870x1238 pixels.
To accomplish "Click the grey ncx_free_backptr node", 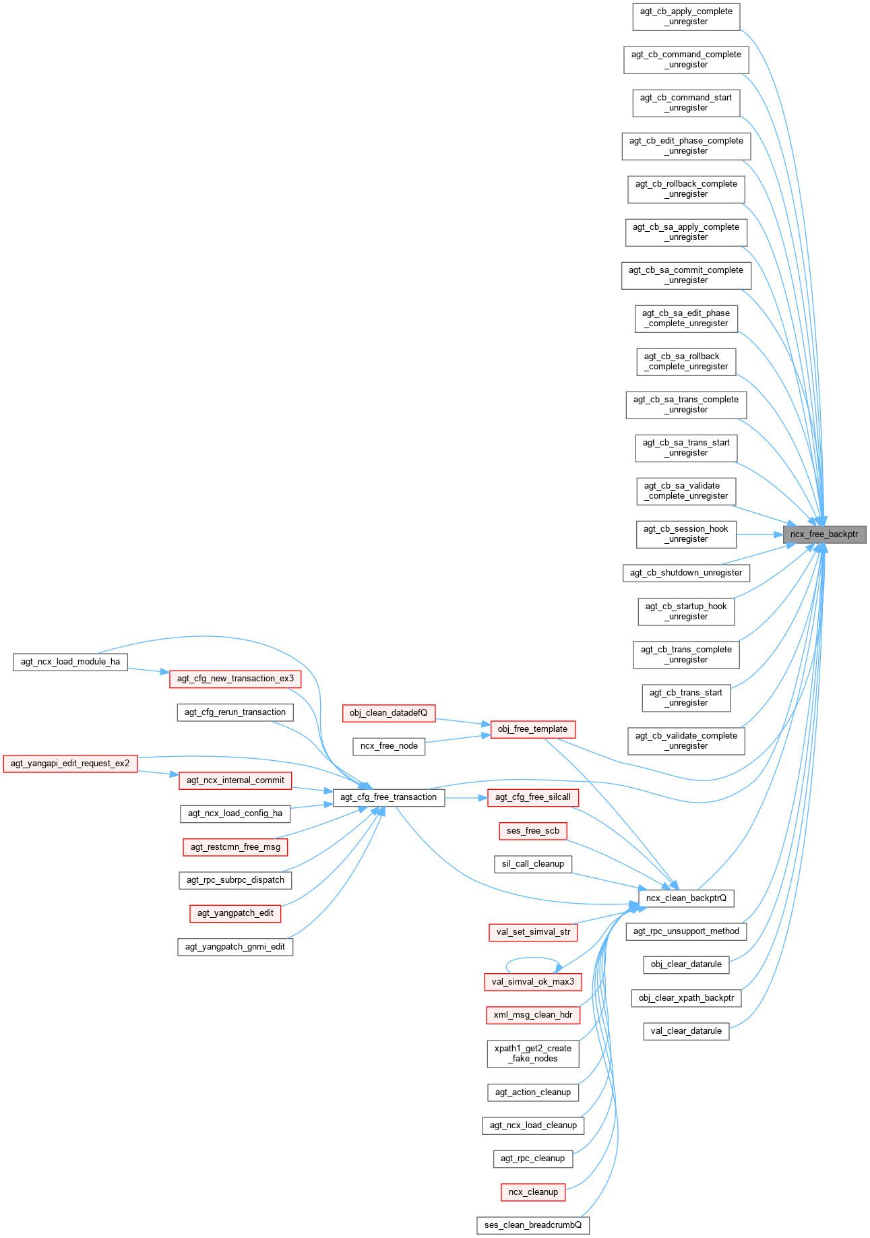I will pyautogui.click(x=824, y=534).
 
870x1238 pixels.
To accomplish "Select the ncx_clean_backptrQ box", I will pyautogui.click(x=686, y=898).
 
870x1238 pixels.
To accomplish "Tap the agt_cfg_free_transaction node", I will pyautogui.click(x=388, y=797).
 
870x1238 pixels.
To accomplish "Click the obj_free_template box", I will pyautogui.click(x=532, y=729).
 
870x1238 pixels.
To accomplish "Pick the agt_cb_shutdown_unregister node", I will pyautogui.click(x=686, y=573).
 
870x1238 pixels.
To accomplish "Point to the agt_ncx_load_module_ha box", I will pyautogui.click(x=70, y=662).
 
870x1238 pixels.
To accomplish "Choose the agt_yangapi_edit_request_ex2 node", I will pyautogui.click(x=70, y=764).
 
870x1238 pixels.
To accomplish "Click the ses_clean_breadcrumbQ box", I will pyautogui.click(x=532, y=1225).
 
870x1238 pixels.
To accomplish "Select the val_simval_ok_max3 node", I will pyautogui.click(x=532, y=982).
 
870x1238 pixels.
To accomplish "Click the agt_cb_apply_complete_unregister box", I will pyautogui.click(x=686, y=17).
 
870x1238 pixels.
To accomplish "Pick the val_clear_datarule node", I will pyautogui.click(x=686, y=1031).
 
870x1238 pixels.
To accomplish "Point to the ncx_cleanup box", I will pyautogui.click(x=533, y=1192).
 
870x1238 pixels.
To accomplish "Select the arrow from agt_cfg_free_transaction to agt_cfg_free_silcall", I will pyautogui.click(x=466, y=797).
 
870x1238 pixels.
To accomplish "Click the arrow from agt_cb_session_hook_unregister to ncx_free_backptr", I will pyautogui.click(x=759, y=534).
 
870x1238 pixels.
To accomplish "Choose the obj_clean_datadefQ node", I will pyautogui.click(x=388, y=713).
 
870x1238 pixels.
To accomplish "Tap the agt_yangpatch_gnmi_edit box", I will pyautogui.click(x=235, y=947).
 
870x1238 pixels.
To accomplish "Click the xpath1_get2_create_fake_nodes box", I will pyautogui.click(x=532, y=1053).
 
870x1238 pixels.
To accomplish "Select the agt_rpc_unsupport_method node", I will pyautogui.click(x=686, y=931).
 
